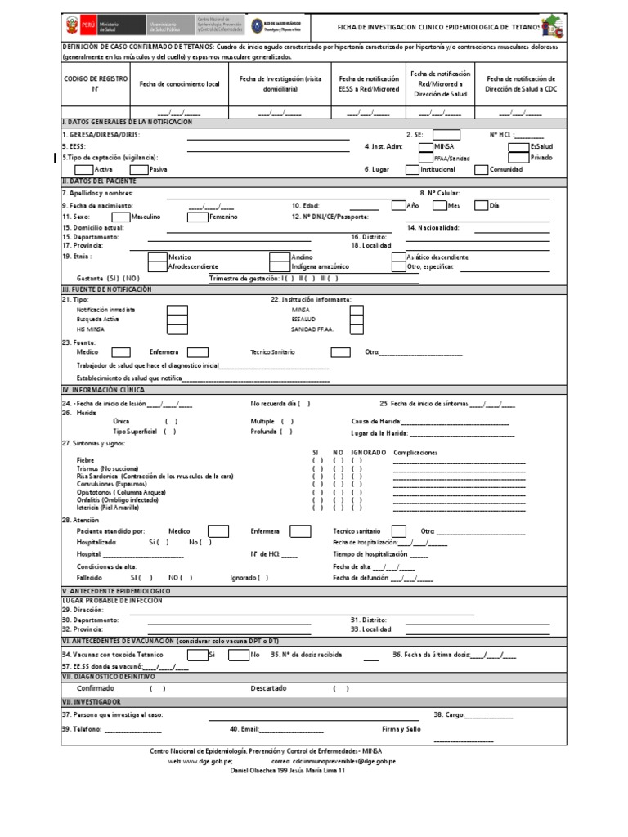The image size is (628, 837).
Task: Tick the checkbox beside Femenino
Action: tap(197, 217)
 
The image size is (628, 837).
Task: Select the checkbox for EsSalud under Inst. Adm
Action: tap(518, 146)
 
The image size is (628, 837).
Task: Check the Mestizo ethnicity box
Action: tap(158, 256)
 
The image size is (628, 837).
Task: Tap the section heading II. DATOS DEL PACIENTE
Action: tap(100, 180)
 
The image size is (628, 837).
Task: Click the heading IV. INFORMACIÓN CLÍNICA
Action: tap(103, 391)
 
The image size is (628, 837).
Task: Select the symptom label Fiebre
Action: tap(86, 460)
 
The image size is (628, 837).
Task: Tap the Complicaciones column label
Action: tap(415, 452)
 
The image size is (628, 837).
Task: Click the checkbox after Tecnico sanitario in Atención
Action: tap(399, 530)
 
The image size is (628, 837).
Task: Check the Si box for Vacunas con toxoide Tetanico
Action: tap(197, 655)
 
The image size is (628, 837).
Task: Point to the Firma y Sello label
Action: tap(401, 728)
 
